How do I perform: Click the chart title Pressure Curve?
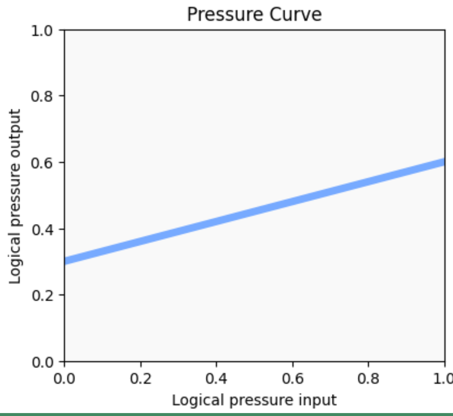tap(254, 15)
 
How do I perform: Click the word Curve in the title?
tap(295, 15)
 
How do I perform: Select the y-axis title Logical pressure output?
tap(15, 196)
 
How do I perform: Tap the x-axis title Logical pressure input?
tap(254, 400)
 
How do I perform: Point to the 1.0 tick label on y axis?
tap(42, 31)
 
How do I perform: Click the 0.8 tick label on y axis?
tap(42, 97)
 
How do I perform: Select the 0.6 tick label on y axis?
tap(42, 163)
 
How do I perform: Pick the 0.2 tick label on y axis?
tap(42, 296)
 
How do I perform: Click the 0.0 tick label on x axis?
tap(65, 378)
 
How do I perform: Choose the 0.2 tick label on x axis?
tap(141, 378)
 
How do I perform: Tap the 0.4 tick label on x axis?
tap(217, 378)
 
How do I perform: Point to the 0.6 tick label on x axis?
tap(293, 378)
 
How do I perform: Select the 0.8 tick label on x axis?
tap(369, 378)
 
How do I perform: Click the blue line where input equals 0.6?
tap(293, 202)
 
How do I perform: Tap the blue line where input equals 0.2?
tap(141, 242)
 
